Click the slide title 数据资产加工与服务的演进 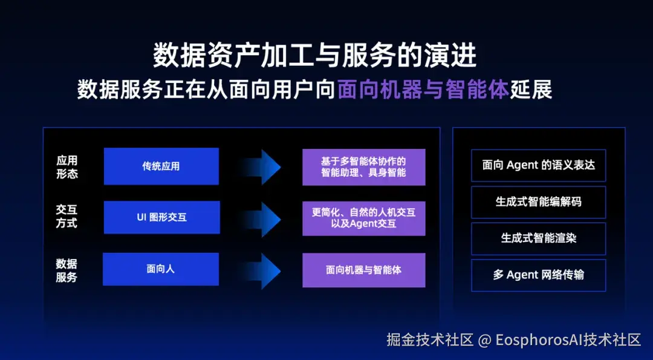click(314, 56)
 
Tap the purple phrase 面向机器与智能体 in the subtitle click(423, 90)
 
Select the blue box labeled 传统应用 click(161, 166)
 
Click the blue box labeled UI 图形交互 click(161, 217)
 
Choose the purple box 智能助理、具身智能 click(363, 167)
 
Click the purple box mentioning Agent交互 click(363, 218)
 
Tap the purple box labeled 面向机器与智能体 click(363, 270)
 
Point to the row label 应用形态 click(67, 167)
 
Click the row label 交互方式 click(67, 217)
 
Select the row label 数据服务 click(67, 270)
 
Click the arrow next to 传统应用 click(261, 166)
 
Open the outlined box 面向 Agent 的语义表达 click(538, 165)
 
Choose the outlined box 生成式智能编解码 click(538, 201)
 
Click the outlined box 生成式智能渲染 click(538, 238)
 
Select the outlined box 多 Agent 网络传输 click(538, 275)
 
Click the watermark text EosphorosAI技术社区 click(568, 340)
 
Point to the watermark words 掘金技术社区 click(430, 340)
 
